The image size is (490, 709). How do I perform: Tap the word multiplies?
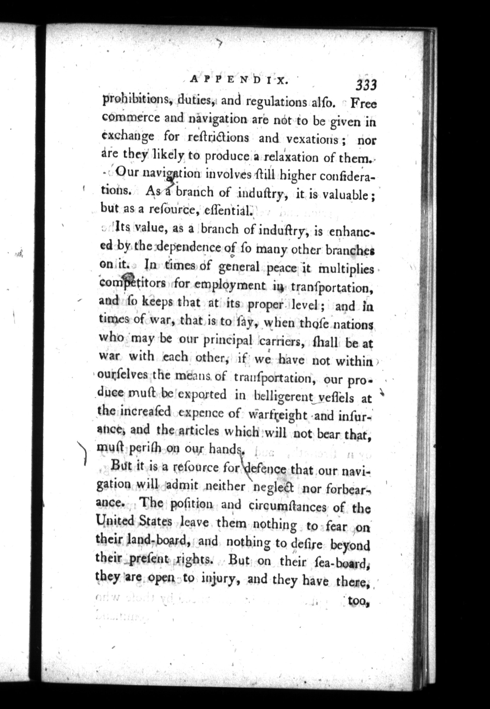click(346, 269)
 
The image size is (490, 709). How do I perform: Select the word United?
click(115, 521)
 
